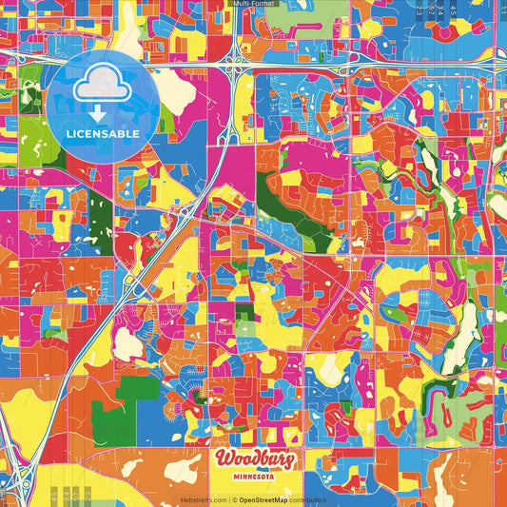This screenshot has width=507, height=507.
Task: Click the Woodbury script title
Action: [x=253, y=460]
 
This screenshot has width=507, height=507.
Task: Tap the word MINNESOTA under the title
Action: [x=253, y=478]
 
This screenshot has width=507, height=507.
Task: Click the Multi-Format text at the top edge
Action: [x=253, y=5]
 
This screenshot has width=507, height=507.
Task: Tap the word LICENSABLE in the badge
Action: [x=103, y=134]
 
